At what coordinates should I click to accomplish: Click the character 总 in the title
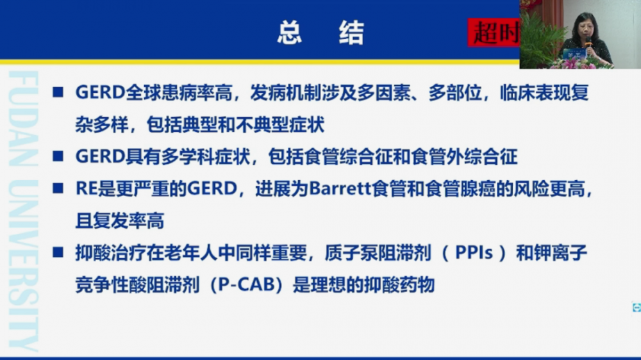[290, 32]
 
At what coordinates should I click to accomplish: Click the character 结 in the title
[351, 32]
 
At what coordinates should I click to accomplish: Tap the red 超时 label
[494, 33]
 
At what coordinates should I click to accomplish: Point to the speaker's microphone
[588, 42]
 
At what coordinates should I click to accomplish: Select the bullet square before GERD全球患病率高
[58, 92]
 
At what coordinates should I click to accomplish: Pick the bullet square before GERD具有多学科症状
[58, 156]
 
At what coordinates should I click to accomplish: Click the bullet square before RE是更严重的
[58, 188]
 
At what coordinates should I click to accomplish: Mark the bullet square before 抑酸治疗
[58, 252]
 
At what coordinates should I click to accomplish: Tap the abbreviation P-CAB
[247, 285]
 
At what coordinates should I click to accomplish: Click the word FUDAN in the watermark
[23, 119]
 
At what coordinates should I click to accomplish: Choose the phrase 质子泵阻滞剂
[378, 253]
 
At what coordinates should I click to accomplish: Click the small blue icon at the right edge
[637, 307]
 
